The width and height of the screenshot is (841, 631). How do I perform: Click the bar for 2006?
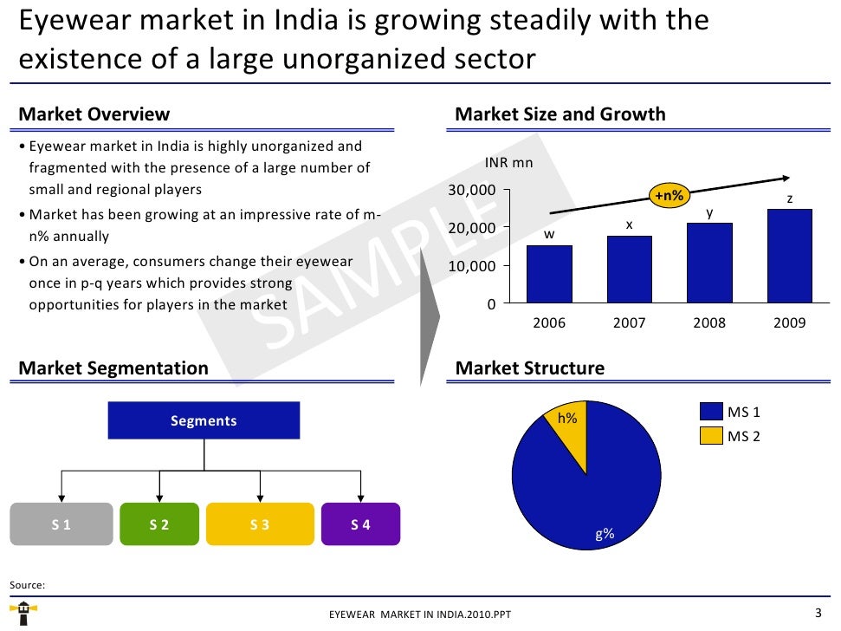pos(549,274)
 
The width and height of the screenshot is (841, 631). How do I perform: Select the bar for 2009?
pos(790,256)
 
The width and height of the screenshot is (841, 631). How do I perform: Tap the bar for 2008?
pos(709,263)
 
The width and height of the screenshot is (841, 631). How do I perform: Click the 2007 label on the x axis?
pos(630,322)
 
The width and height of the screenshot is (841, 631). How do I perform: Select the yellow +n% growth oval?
pos(668,197)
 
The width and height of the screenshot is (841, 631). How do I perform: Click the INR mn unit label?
pos(508,162)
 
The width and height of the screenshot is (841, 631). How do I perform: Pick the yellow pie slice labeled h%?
pos(568,429)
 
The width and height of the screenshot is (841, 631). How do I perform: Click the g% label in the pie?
pos(604,534)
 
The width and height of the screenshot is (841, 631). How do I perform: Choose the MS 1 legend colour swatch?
pos(709,413)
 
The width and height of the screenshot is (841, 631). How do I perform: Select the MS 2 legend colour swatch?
pos(709,436)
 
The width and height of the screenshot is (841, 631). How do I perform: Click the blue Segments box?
pos(204,420)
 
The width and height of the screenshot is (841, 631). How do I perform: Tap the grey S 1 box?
pos(61,524)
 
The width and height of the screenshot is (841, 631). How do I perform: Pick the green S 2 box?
pos(159,524)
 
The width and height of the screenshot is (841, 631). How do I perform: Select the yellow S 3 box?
pos(260,524)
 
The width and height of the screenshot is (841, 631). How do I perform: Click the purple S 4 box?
pos(360,524)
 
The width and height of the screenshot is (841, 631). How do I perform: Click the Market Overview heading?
pos(94,114)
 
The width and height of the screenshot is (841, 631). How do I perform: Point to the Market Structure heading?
pos(529,368)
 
